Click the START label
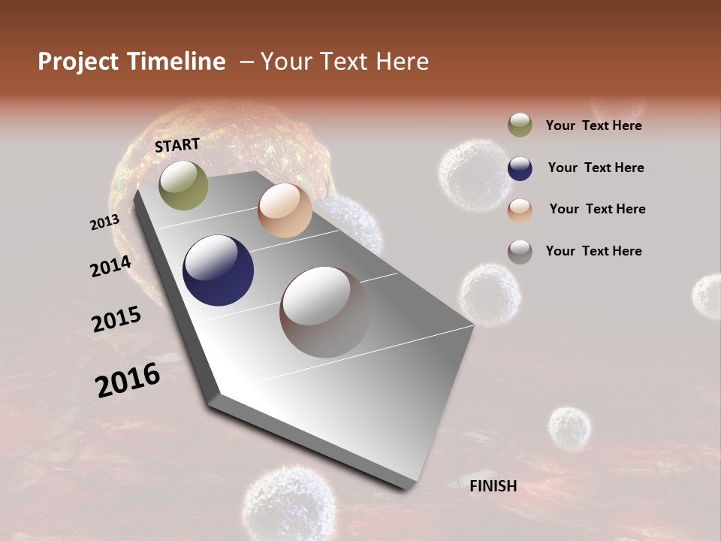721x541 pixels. coord(177,145)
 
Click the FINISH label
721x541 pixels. coord(493,486)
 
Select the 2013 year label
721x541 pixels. coord(104,222)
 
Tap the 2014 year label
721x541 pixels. coord(110,266)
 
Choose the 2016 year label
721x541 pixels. coord(128,380)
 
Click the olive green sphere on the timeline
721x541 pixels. coord(183,185)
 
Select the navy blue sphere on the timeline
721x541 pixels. coord(218,270)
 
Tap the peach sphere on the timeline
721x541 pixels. coord(285,210)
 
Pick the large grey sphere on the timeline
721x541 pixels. coord(324,311)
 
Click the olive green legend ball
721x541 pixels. coord(520,125)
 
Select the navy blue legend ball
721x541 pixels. coord(520,168)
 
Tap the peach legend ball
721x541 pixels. coord(520,210)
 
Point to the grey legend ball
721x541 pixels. coord(520,252)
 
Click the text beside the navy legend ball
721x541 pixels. coord(596,168)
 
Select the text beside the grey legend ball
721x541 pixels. coord(593,251)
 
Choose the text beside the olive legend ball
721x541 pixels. coord(593,125)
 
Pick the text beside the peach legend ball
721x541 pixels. coord(597,209)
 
